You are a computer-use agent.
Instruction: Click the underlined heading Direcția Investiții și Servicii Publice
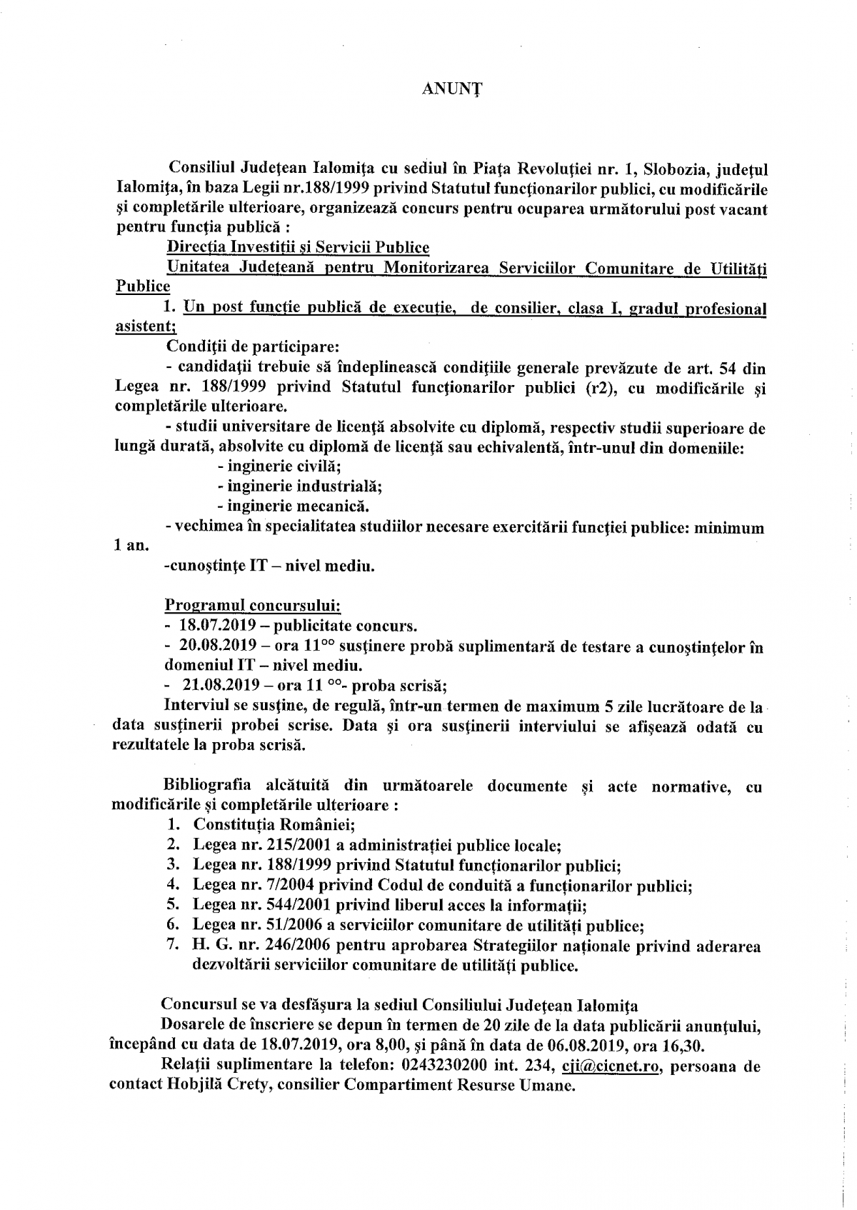point(298,247)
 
